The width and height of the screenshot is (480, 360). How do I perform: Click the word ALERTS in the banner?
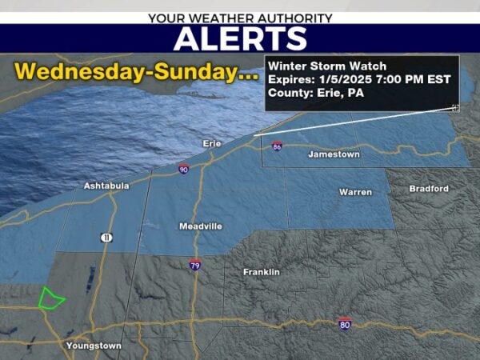240,38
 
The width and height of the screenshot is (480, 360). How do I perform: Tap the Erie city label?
210,143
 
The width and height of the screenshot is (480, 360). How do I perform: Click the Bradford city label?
429,189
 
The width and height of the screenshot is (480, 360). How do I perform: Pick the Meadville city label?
200,226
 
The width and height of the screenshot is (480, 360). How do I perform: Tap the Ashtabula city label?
106,186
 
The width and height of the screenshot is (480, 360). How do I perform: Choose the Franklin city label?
262,272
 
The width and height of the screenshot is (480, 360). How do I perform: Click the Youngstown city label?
94,346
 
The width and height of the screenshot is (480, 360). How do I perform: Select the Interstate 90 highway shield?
184,170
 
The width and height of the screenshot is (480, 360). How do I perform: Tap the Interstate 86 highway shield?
277,146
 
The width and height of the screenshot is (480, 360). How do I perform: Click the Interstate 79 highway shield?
195,265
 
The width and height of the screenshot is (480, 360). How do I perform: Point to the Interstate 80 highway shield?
344,325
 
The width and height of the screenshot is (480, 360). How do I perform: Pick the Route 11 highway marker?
106,238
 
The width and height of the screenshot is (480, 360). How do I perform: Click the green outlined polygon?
51,298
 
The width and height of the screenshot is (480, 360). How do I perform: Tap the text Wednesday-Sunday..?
136,71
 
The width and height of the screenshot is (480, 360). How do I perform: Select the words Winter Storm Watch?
327,66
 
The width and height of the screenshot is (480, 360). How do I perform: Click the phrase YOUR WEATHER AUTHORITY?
240,17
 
